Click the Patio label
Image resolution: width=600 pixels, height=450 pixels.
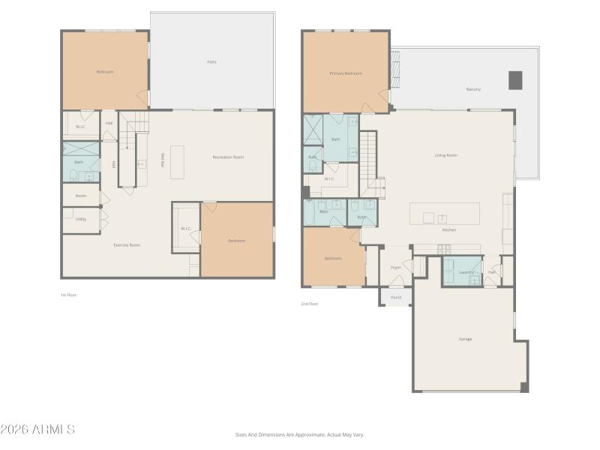212,61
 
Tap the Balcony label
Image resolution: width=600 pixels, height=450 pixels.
473,89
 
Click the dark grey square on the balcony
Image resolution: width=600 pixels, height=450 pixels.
515,80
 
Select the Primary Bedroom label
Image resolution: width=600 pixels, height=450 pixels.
346,73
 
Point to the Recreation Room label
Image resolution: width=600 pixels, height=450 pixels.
228,157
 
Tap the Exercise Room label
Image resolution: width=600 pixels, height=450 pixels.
127,245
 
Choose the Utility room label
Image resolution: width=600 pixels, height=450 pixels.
80,219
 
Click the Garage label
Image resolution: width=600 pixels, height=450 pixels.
465,339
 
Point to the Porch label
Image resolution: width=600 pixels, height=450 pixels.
396,297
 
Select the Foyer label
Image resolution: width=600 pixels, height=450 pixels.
395,268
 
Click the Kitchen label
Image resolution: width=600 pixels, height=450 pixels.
448,229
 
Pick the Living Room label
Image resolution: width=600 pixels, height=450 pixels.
446,155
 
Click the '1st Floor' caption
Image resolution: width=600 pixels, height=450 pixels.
68,295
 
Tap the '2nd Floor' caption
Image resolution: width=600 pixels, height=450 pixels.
309,304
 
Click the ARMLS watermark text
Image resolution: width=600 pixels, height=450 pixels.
37,430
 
